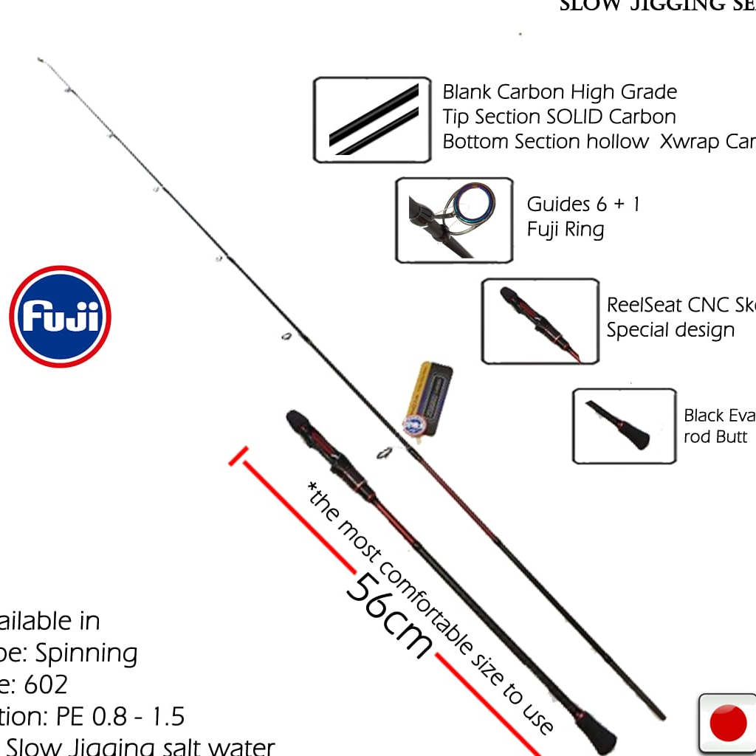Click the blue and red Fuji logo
(60, 317)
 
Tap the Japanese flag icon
(727, 723)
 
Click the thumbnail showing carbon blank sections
(372, 120)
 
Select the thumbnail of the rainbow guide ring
(454, 220)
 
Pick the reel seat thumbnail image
(540, 321)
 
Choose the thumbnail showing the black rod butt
(624, 426)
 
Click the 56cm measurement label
(389, 615)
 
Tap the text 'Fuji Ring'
(566, 229)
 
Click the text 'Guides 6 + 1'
(583, 204)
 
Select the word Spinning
(86, 653)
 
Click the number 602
(46, 684)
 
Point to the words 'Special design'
(670, 330)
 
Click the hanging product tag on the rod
(427, 399)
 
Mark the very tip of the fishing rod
(39, 59)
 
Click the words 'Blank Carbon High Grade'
(560, 92)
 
